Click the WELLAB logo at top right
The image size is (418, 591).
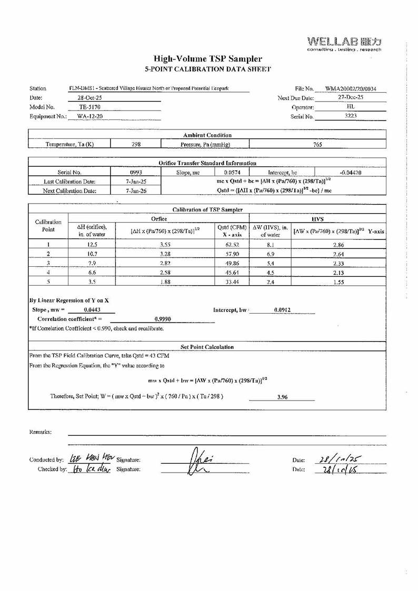(x=344, y=43)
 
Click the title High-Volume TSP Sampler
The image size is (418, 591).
(x=207, y=59)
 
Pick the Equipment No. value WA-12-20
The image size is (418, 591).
(x=86, y=116)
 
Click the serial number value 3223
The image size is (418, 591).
(x=351, y=116)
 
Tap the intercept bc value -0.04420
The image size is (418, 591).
(x=351, y=172)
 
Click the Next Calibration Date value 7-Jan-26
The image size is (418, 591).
(x=129, y=191)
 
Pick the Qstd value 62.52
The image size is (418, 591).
(x=232, y=245)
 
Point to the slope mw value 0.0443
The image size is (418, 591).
(x=92, y=310)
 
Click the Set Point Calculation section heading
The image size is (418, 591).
(x=207, y=347)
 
